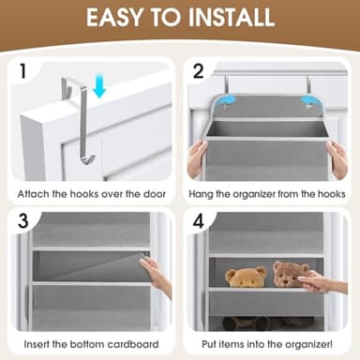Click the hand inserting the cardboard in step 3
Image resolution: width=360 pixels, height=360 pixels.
point(157,277)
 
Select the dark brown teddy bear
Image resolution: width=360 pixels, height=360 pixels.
point(291,275)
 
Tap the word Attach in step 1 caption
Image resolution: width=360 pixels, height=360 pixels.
point(35,194)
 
